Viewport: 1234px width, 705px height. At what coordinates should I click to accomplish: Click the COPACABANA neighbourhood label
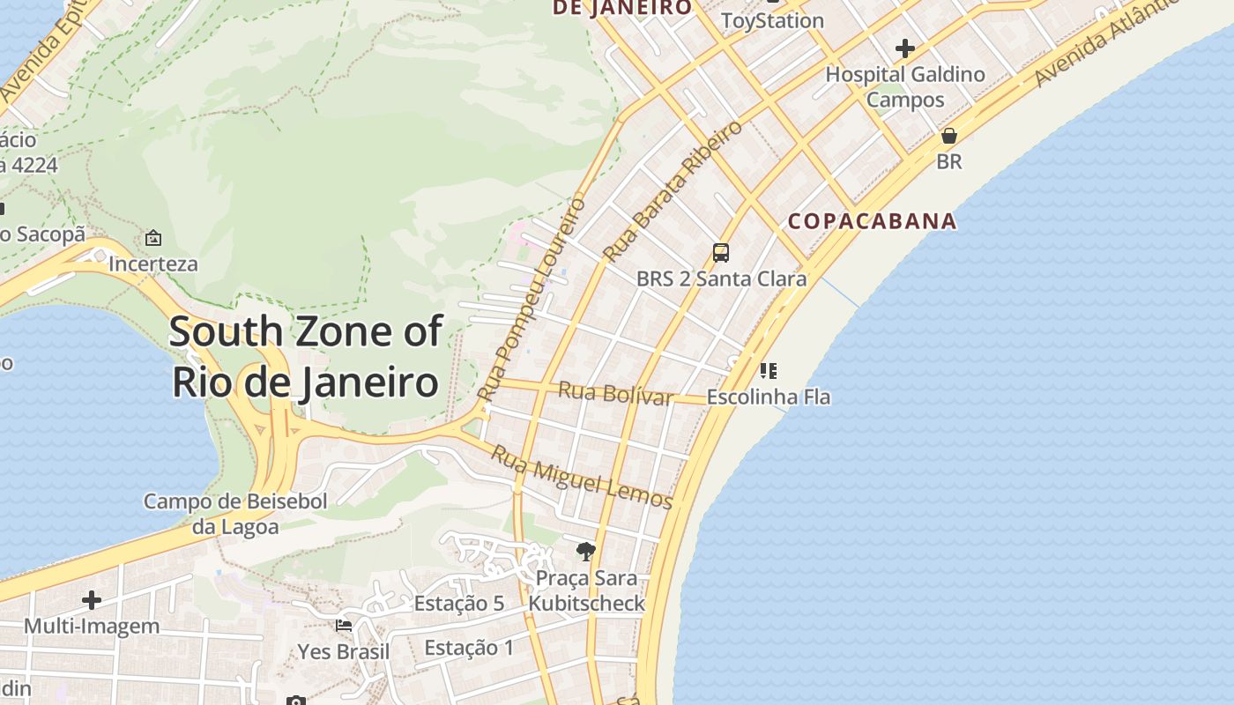coord(872,220)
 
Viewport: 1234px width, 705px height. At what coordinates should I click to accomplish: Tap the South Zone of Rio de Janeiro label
coord(305,357)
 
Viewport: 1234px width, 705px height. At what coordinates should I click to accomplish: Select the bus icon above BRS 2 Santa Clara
coord(721,253)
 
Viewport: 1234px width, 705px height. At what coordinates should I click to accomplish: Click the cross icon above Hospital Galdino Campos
coord(904,48)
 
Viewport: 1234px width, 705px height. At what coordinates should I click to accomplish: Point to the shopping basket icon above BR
coord(949,136)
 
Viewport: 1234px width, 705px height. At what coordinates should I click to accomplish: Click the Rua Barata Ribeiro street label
coord(673,191)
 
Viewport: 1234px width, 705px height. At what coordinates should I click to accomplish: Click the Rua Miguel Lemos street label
coord(582,477)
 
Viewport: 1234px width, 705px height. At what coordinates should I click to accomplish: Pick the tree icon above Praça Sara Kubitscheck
coord(585,552)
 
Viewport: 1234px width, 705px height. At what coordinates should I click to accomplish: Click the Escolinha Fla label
coord(768,397)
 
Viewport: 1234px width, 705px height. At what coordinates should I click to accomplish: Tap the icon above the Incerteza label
coord(153,238)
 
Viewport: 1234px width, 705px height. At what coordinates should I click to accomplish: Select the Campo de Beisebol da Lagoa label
coord(235,514)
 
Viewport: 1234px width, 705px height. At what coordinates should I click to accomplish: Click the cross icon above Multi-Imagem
coord(92,600)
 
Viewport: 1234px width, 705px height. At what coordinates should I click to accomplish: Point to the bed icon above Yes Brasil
coord(344,626)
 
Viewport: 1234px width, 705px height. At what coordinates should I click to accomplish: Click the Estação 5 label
coord(458,604)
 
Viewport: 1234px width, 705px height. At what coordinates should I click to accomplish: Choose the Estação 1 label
coord(469,648)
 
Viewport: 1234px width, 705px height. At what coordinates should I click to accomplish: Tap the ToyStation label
coord(772,20)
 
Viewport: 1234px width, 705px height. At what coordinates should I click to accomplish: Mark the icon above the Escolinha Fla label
coord(769,371)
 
